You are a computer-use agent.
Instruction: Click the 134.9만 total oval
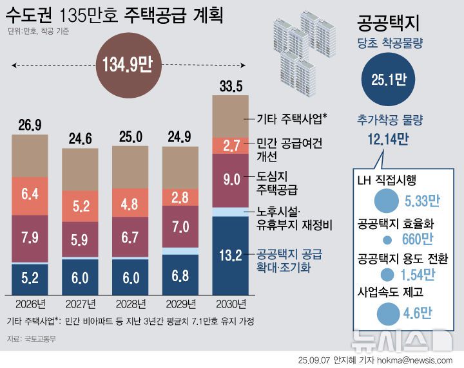(x=127, y=65)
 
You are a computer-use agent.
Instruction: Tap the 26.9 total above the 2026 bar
(x=30, y=124)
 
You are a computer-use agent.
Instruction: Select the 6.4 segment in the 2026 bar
(x=30, y=194)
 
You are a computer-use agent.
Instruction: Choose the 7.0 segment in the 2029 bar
(x=180, y=226)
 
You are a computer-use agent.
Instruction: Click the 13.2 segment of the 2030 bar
(x=230, y=256)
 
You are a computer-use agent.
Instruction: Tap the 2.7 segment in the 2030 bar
(x=230, y=145)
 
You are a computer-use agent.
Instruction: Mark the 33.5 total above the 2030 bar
(x=230, y=86)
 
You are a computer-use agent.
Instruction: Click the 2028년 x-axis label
(x=130, y=303)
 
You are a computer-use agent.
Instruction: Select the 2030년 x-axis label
(x=230, y=303)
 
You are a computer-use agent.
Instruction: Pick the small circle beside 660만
(x=387, y=240)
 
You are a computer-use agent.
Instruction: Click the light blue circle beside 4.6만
(x=387, y=314)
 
